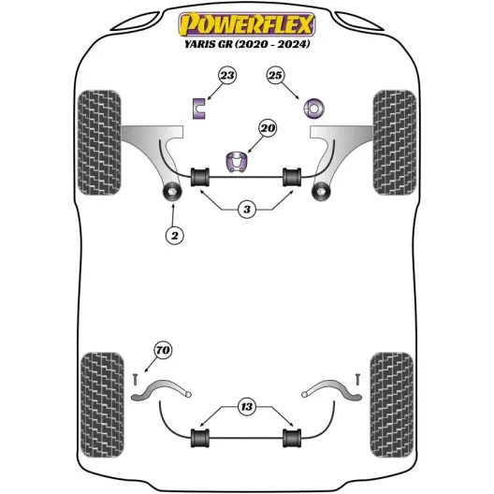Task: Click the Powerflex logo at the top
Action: [247, 24]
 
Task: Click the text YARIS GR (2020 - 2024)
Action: [247, 44]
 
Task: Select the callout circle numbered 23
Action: [227, 75]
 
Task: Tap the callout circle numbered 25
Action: [275, 75]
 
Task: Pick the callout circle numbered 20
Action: [268, 128]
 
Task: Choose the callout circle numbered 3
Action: [247, 209]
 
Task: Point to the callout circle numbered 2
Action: [175, 235]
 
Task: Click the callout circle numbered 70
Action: [163, 350]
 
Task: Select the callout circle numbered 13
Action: [247, 406]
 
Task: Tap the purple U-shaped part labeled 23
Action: [198, 109]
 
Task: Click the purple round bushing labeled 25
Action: [313, 109]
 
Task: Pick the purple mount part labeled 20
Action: [237, 162]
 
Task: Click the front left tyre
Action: [99, 142]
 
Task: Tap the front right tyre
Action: [395, 142]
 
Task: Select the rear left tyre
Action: [102, 405]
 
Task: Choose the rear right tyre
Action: [392, 405]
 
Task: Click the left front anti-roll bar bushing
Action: [200, 177]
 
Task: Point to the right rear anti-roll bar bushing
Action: [292, 438]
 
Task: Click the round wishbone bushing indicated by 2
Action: [173, 192]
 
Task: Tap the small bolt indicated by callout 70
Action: [136, 379]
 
